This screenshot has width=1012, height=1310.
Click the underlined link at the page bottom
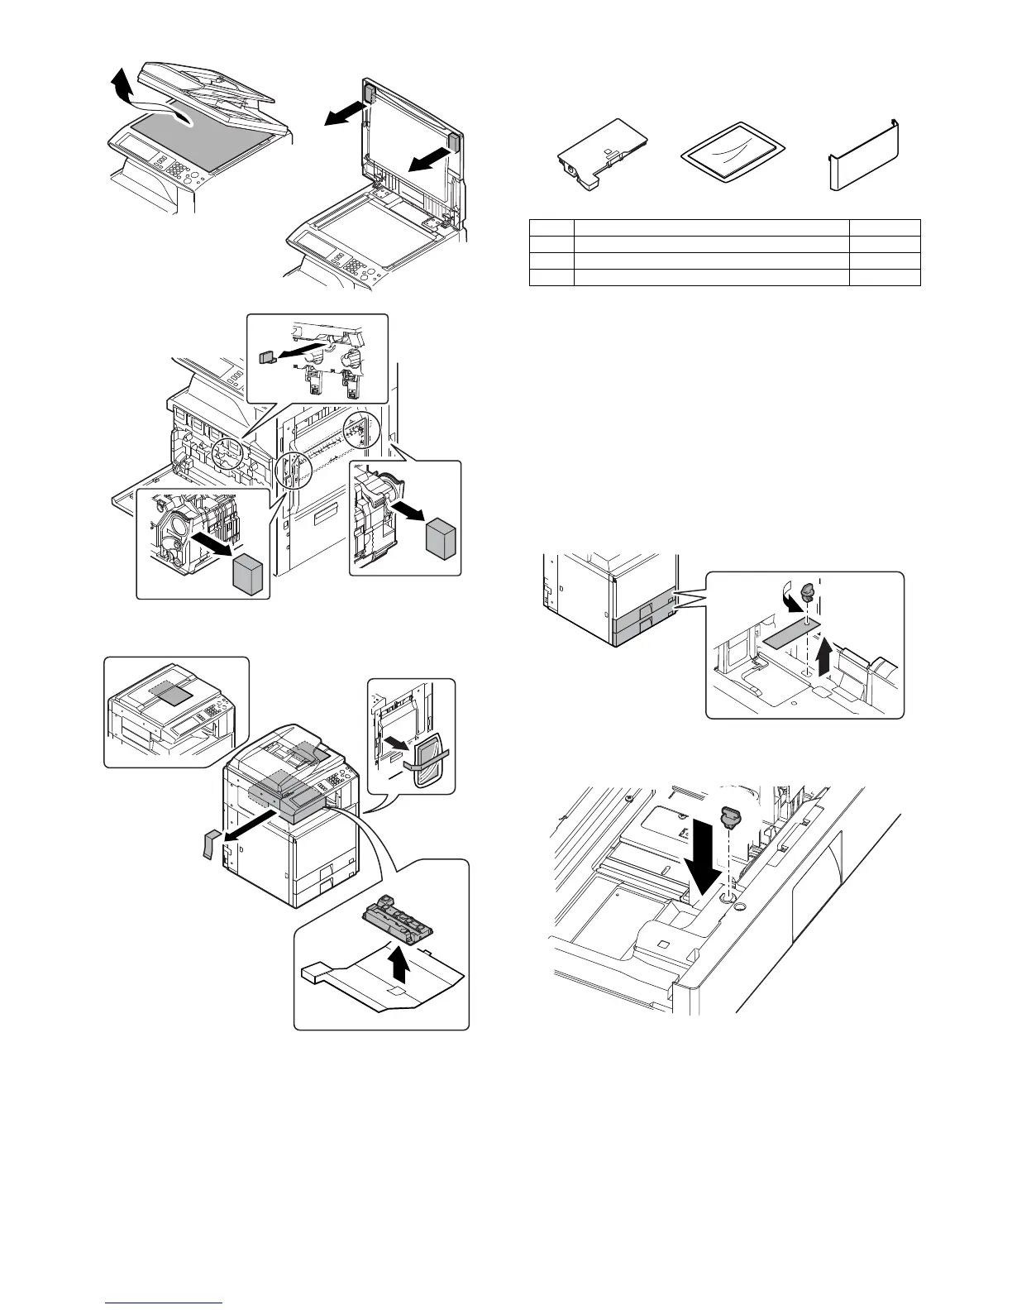(x=165, y=1302)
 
